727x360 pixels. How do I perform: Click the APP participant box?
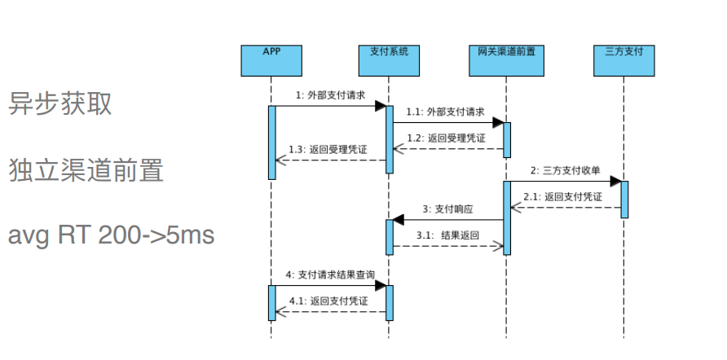tap(271, 60)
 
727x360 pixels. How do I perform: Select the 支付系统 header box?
tap(389, 60)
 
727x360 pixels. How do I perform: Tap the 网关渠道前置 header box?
tap(506, 60)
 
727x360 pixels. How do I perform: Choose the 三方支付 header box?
tap(624, 60)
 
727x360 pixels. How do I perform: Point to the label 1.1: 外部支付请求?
tap(446, 112)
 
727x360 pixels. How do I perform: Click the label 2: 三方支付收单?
tap(565, 170)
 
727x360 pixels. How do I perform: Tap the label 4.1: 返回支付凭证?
tap(328, 301)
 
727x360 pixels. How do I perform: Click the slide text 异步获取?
tap(60, 103)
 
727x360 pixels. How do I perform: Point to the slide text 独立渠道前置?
tap(86, 170)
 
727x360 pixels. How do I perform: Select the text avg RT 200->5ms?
tap(111, 235)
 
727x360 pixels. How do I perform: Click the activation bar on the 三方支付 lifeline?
tap(624, 199)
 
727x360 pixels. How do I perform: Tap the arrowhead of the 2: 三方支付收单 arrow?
tap(616, 182)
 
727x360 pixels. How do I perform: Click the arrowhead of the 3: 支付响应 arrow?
tap(399, 220)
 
